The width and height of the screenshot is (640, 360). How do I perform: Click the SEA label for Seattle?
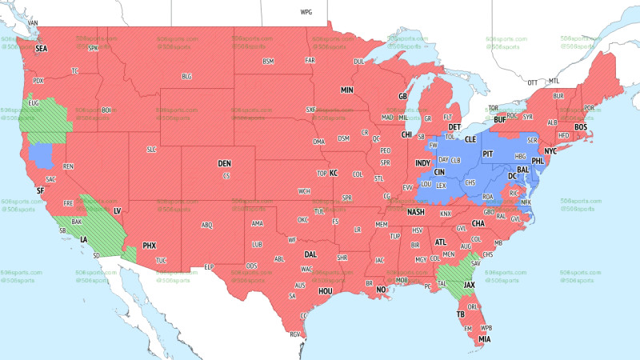40,49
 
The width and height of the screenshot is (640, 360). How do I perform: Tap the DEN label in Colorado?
225,163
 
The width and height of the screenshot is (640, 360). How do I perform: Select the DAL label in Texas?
310,254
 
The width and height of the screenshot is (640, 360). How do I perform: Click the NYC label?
550,151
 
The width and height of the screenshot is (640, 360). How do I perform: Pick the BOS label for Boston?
581,127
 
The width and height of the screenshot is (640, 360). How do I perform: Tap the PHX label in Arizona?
149,245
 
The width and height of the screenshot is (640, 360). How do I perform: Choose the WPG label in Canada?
306,13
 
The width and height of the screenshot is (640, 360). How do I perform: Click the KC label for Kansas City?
334,173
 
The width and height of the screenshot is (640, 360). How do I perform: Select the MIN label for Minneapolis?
347,90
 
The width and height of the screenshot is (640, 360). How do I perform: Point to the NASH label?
415,212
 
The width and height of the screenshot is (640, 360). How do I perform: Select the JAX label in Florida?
470,285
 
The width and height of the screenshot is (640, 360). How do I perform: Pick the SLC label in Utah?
151,150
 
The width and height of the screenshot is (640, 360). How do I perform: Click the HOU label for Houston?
326,291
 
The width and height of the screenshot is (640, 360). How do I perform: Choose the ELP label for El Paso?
210,266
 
